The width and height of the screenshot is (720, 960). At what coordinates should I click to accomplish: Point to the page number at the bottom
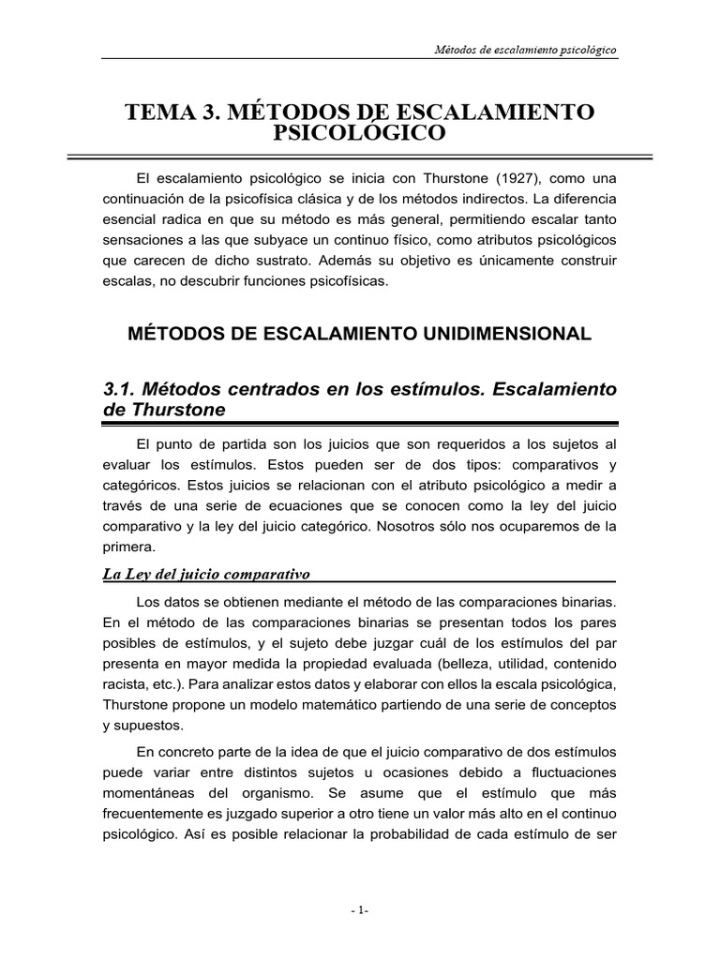tap(359, 909)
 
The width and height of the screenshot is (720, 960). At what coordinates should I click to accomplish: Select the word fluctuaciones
tap(568, 772)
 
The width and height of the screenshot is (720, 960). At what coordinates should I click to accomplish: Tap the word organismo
tap(266, 793)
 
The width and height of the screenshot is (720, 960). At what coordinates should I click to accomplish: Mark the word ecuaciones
tap(260, 505)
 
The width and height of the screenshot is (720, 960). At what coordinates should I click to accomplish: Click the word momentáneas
tap(148, 793)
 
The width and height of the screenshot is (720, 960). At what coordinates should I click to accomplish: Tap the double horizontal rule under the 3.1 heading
tap(359, 424)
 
